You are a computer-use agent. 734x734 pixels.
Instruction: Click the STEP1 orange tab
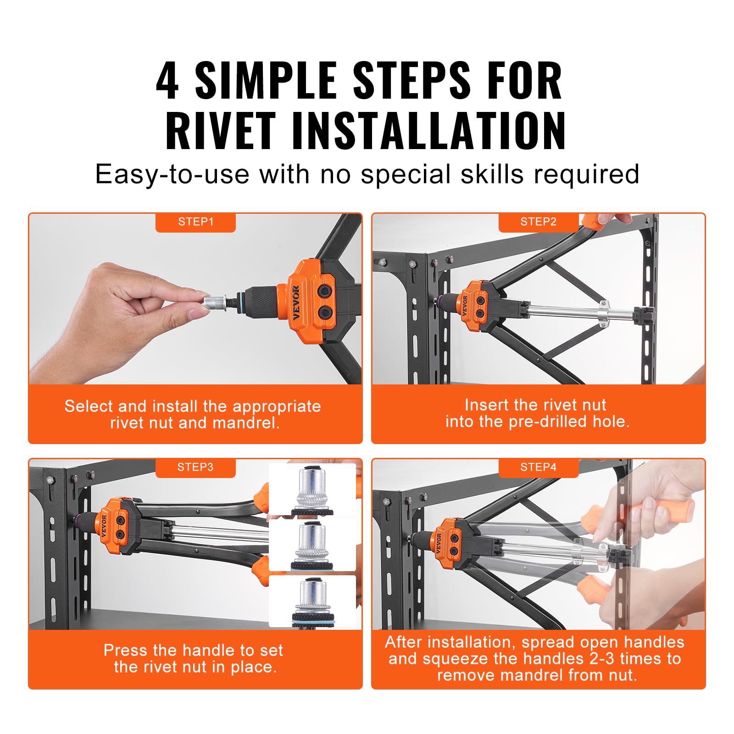pyautogui.click(x=195, y=222)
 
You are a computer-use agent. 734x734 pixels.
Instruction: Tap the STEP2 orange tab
pyautogui.click(x=538, y=222)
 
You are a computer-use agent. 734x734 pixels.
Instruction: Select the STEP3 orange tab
pyautogui.click(x=195, y=467)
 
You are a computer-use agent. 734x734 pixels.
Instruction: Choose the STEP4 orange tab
pyautogui.click(x=538, y=467)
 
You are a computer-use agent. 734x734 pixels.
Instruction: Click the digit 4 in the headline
pyautogui.click(x=167, y=81)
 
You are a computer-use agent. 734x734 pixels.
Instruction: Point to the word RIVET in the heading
pyautogui.click(x=221, y=131)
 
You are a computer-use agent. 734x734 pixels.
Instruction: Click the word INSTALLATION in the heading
pyautogui.click(x=428, y=131)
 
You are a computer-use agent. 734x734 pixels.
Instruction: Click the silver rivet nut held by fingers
pyautogui.click(x=214, y=301)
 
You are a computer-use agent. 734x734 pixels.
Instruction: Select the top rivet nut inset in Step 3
pyautogui.click(x=312, y=490)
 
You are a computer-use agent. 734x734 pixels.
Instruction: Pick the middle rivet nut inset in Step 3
pyautogui.click(x=312, y=546)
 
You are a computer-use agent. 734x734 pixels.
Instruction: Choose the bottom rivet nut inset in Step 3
pyautogui.click(x=312, y=601)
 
